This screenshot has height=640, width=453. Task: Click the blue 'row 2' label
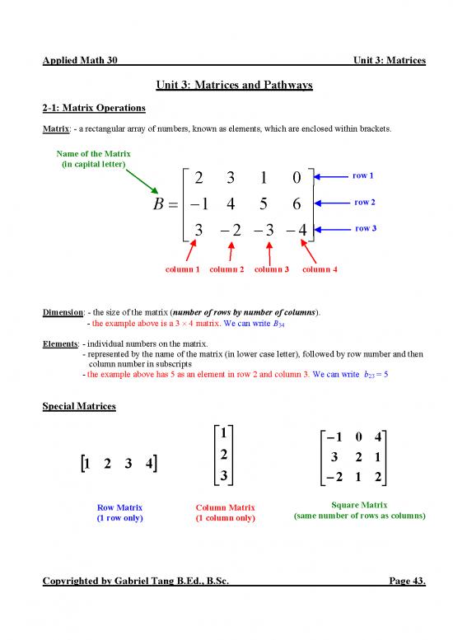(364, 202)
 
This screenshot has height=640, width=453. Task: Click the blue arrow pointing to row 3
(333, 228)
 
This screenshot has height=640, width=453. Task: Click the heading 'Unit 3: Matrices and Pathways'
(226, 87)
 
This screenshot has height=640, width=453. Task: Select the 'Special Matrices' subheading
(79, 406)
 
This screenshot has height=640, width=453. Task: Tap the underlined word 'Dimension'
(61, 312)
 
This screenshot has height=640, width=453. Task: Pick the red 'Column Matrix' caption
(225, 507)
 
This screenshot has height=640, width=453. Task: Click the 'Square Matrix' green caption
(358, 504)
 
